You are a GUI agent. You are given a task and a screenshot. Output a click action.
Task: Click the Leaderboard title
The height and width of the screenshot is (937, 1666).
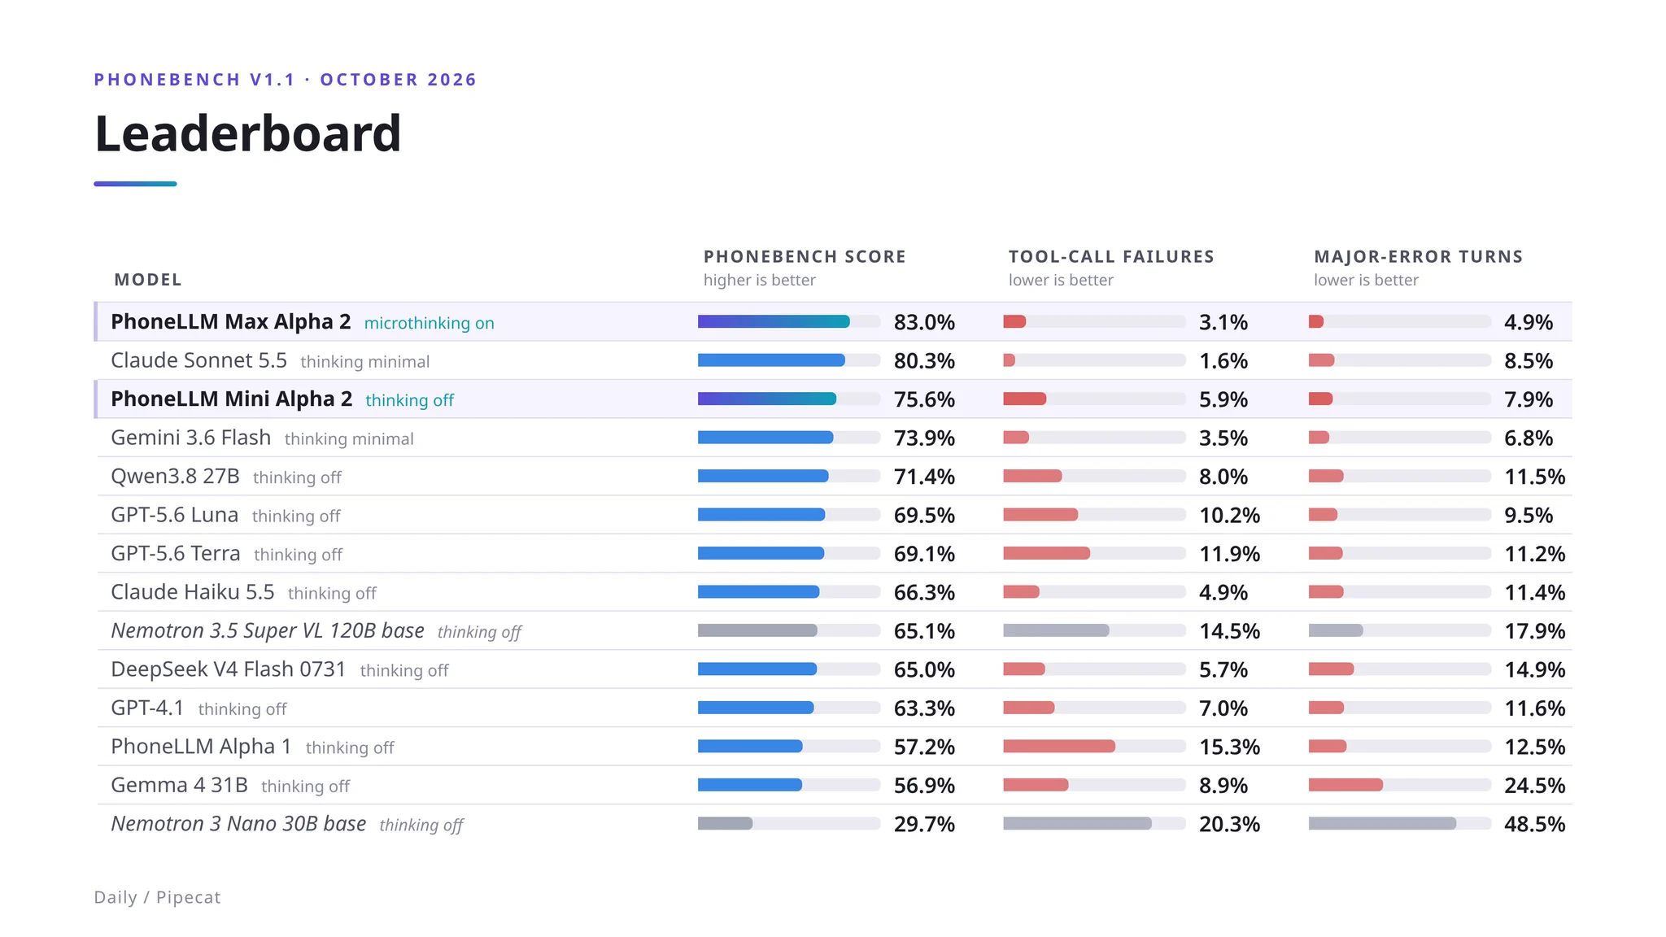pos(248,133)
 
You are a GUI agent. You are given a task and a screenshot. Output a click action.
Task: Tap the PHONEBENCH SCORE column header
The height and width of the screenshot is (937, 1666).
pos(805,257)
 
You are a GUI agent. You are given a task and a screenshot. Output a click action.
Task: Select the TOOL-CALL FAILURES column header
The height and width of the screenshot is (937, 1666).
pos(1111,257)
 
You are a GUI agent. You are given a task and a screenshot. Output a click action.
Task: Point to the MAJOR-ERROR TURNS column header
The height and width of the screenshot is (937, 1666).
pos(1418,257)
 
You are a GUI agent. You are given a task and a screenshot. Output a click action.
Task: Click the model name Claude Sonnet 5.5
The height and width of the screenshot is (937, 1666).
pos(198,360)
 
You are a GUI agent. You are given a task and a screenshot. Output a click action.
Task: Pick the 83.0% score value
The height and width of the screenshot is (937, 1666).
pos(924,322)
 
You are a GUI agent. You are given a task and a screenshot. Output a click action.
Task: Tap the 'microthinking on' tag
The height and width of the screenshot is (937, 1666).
pos(429,323)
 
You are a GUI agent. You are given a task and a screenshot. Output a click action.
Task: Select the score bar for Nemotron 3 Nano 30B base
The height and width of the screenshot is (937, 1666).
pos(725,824)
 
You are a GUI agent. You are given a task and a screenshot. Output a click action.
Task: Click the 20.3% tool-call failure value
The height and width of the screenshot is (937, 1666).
pos(1229,824)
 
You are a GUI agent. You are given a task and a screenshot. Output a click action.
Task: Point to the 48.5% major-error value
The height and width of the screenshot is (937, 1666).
pos(1534,824)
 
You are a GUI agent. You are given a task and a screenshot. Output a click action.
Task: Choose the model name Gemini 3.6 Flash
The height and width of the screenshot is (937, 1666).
pos(190,438)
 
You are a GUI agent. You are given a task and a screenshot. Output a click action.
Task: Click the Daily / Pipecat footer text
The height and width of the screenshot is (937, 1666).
pos(157,897)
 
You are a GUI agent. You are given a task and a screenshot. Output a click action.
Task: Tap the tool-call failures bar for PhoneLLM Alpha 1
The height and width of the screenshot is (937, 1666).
pos(1059,747)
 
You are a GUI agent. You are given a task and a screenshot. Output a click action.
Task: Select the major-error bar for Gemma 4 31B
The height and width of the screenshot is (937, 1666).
pos(1345,785)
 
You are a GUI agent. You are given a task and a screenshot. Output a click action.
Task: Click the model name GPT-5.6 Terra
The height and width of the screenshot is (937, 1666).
pos(176,554)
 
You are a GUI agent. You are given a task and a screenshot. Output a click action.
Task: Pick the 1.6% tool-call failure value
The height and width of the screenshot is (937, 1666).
pos(1223,360)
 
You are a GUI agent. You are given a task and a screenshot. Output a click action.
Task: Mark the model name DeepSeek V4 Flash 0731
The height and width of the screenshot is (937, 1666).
pos(229,669)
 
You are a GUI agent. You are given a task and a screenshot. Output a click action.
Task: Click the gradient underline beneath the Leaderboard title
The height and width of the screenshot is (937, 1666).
pos(135,184)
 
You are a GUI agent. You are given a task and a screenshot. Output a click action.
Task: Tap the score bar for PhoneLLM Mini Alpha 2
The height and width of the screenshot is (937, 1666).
pos(767,399)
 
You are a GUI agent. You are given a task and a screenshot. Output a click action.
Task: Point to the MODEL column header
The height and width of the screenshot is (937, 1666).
pos(148,280)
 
